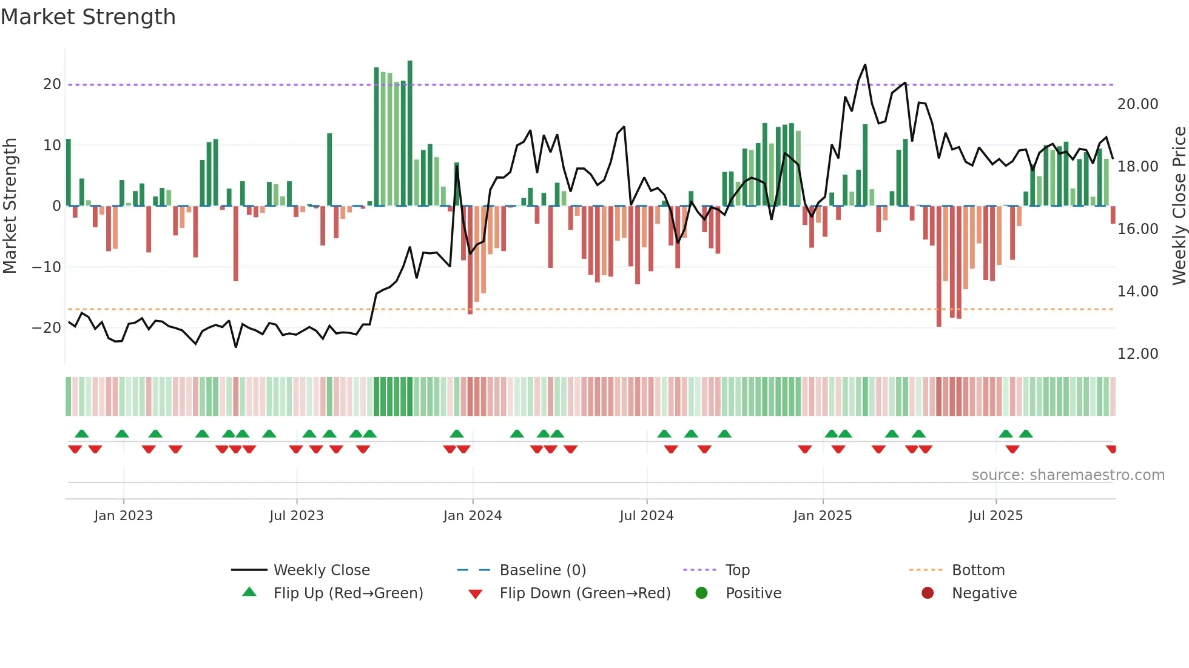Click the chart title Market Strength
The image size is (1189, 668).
(x=88, y=17)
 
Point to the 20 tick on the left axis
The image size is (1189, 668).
(x=52, y=84)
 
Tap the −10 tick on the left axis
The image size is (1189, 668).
(x=47, y=267)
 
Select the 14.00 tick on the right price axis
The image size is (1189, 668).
(x=1137, y=292)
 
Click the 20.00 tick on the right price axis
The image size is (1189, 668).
(x=1137, y=104)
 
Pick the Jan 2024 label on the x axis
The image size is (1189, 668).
(x=472, y=516)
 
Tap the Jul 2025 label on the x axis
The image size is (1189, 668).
(x=995, y=516)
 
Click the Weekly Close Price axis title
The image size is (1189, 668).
(x=1179, y=206)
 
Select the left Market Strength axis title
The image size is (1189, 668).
(x=10, y=206)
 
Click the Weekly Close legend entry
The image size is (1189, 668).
(x=322, y=570)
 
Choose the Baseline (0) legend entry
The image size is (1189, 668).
(x=542, y=570)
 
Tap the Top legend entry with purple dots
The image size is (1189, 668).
(x=738, y=570)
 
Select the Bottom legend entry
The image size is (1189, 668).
(x=978, y=570)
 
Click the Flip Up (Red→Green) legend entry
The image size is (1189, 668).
(x=348, y=593)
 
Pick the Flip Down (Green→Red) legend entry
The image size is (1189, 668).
(x=585, y=593)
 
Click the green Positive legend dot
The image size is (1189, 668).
(x=702, y=593)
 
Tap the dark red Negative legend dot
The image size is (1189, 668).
(x=928, y=593)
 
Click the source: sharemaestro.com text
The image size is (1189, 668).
(x=1068, y=475)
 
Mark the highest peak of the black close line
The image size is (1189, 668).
(x=865, y=65)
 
